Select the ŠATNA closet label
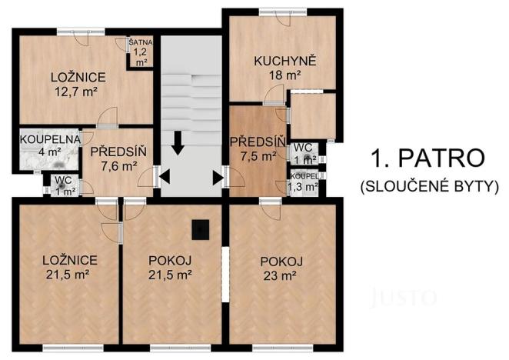point(140,43)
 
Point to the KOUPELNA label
point(51,138)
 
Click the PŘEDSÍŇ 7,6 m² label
point(113,152)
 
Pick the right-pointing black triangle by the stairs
point(218,178)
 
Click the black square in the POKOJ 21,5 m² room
point(200,228)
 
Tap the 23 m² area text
point(280,274)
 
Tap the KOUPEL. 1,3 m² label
point(303,182)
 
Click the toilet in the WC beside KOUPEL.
point(308,159)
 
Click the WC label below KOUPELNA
point(59,182)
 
